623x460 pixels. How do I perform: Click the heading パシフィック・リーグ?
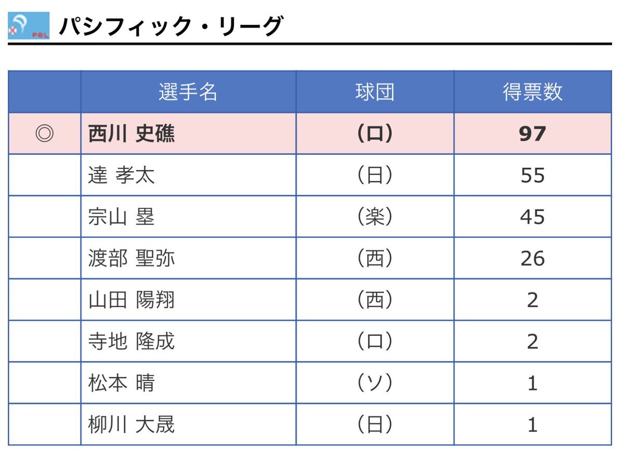coord(171,26)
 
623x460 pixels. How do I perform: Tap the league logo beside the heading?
coord(29,26)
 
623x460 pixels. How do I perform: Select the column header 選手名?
coord(188,92)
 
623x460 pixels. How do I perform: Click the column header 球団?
coord(375,92)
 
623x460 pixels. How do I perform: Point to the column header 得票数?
coord(532,92)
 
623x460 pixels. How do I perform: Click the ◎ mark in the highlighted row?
coord(45,134)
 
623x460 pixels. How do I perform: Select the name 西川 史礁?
coord(131,134)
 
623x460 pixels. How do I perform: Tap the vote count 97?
coord(532,134)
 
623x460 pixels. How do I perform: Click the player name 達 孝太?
coord(122,175)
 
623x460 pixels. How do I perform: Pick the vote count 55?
coord(532,176)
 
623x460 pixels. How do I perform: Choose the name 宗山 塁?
coord(122,217)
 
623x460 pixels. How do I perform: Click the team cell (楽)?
coord(375,217)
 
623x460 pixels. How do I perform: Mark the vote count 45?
coord(532,217)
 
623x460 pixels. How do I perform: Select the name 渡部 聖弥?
coord(131,258)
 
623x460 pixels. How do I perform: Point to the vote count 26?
coord(532,259)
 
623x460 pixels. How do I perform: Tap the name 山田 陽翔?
coord(131,300)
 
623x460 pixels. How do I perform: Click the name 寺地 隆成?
coord(131,341)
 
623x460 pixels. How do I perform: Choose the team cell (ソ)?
coord(375,383)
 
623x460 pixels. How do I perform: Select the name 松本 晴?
coord(122,383)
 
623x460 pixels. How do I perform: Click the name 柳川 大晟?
coord(131,425)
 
